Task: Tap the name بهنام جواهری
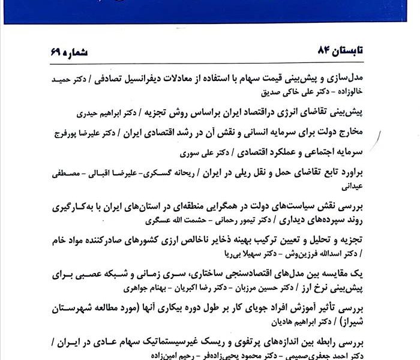(139, 287)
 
